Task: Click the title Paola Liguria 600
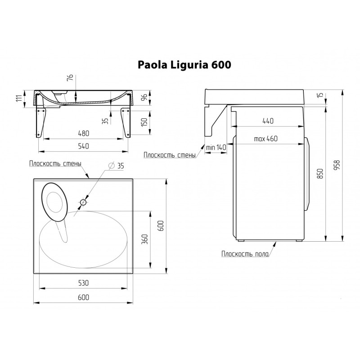pos(184,65)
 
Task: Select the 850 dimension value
pos(321,174)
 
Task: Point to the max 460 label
pos(265,139)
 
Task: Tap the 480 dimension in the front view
pos(84,134)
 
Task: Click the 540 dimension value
pos(84,146)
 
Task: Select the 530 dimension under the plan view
pos(84,283)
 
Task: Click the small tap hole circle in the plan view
pos(83,203)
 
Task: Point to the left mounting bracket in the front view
pos(41,121)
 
